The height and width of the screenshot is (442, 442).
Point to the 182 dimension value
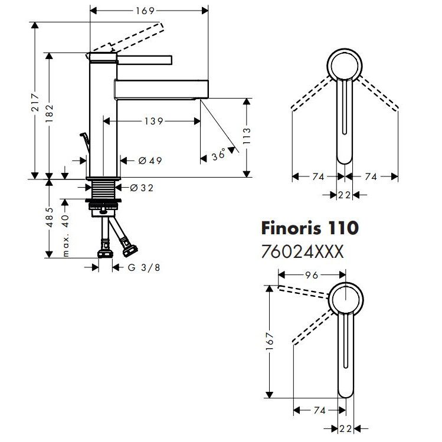pos(50,112)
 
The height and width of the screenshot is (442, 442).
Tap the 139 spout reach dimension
pos(153,122)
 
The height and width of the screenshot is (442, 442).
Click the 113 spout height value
pos(246,138)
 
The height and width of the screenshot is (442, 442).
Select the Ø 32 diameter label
pos(141,188)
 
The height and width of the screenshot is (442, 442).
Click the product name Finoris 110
pos(309,228)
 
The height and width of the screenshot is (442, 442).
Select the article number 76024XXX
pos(302,252)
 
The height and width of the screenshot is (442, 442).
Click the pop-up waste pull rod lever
pos(84,142)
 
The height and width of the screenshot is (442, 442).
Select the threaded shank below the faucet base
pos(103,190)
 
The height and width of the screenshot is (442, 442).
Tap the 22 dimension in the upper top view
pos(344,195)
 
